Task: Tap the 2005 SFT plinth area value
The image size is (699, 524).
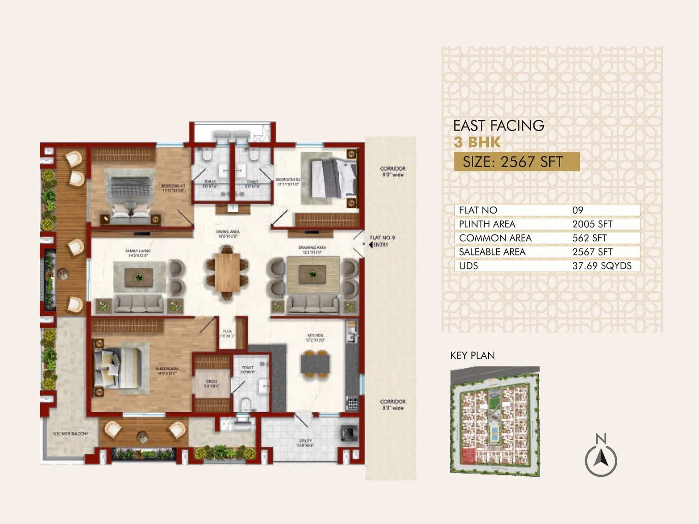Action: point(592,224)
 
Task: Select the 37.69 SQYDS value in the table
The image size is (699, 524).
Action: point(602,265)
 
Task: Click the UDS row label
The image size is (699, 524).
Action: point(468,265)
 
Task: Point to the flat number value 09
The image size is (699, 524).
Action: point(578,210)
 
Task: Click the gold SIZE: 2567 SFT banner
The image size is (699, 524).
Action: point(516,162)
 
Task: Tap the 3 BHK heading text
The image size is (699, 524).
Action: point(477,142)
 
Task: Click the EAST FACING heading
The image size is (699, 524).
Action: point(498,126)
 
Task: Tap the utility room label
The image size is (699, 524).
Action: point(305,443)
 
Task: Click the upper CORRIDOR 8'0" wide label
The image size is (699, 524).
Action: point(392,171)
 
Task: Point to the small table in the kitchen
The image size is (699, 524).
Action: point(315,364)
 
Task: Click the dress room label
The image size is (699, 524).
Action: point(211,383)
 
